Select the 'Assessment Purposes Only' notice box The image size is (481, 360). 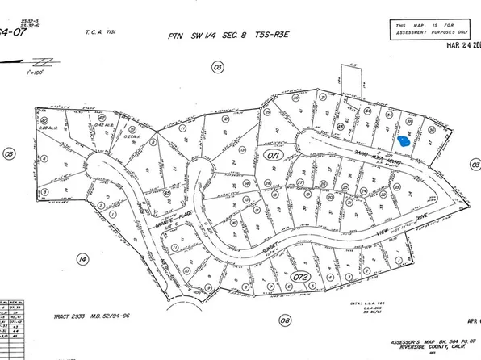point(430,31)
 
